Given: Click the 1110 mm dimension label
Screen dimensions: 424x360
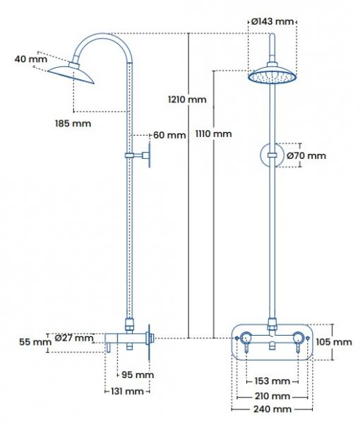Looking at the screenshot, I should [212, 133].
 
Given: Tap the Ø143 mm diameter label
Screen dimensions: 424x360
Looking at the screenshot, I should [272, 21].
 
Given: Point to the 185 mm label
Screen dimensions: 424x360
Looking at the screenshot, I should [73, 124].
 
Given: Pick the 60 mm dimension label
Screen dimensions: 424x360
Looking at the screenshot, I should [169, 135].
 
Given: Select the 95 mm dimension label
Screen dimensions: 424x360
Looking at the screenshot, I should [138, 375].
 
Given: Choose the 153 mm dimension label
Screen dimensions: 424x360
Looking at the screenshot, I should [270, 382].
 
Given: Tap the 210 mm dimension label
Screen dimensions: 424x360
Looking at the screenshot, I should [271, 396].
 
